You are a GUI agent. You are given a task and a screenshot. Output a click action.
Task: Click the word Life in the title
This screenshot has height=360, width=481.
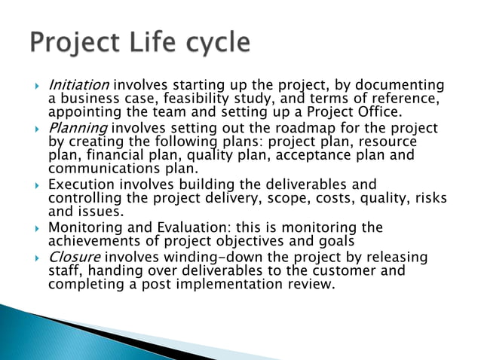pyautogui.click(x=150, y=42)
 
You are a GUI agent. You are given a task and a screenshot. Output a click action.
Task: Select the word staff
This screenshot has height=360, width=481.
pyautogui.click(x=63, y=270)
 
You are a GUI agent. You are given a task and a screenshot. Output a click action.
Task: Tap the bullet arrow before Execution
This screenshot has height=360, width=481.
pyautogui.click(x=37, y=185)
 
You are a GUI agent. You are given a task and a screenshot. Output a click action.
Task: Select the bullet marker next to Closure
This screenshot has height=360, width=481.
pyautogui.click(x=37, y=258)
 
